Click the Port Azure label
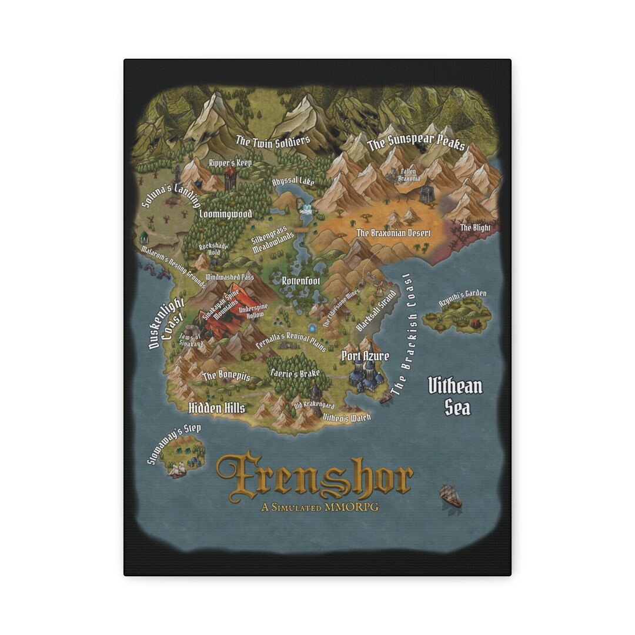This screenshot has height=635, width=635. [365, 356]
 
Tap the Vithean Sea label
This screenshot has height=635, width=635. [455, 396]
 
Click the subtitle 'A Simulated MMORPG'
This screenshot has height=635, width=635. [320, 507]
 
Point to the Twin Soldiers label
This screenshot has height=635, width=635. [273, 141]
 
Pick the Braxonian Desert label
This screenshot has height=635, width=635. [393, 233]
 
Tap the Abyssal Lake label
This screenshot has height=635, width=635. [293, 182]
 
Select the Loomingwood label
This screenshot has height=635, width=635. [225, 214]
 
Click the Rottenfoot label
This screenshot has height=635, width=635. [300, 281]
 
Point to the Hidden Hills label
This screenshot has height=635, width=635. [216, 408]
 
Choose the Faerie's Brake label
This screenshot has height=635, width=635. [295, 373]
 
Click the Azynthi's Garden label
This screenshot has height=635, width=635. [463, 298]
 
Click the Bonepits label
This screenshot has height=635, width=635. [226, 376]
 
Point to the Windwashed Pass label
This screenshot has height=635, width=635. [229, 276]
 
